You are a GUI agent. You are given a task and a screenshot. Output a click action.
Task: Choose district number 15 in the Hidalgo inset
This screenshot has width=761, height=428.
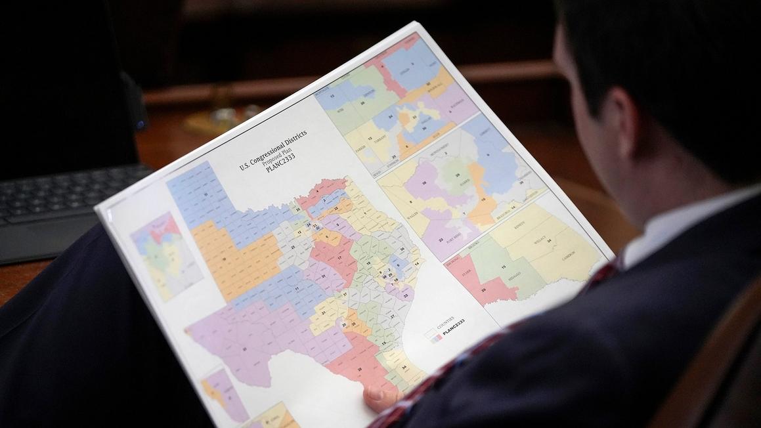pyautogui.click(x=504, y=267)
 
